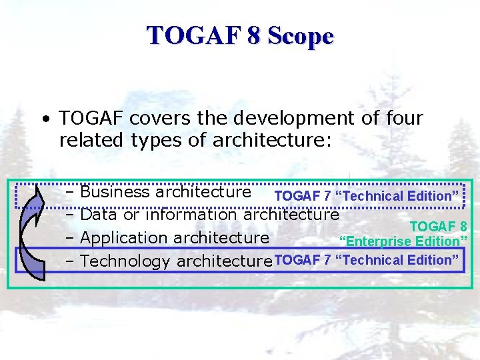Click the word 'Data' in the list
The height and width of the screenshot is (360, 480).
98,215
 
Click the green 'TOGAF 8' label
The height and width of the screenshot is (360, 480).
437,226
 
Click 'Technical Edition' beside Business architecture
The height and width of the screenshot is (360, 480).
398,196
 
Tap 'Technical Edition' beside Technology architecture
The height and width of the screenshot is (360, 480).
398,260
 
